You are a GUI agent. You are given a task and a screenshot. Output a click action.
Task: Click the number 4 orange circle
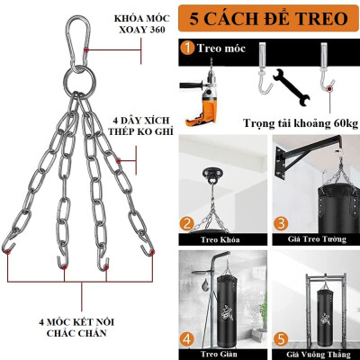187,339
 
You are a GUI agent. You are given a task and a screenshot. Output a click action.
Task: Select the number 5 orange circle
280,339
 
